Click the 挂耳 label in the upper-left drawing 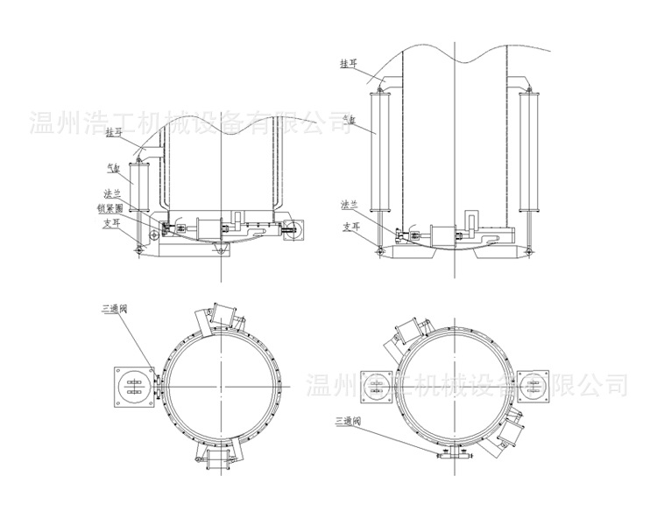pyautogui.click(x=114, y=132)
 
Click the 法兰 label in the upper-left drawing pyautogui.click(x=112, y=194)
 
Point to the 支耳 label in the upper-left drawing pyautogui.click(x=109, y=222)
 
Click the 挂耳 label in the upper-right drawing pyautogui.click(x=350, y=64)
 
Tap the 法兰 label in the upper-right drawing pyautogui.click(x=350, y=205)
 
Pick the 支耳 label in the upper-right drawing pyautogui.click(x=350, y=227)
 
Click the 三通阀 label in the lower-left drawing pyautogui.click(x=115, y=309)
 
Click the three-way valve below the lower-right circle pyautogui.click(x=454, y=452)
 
